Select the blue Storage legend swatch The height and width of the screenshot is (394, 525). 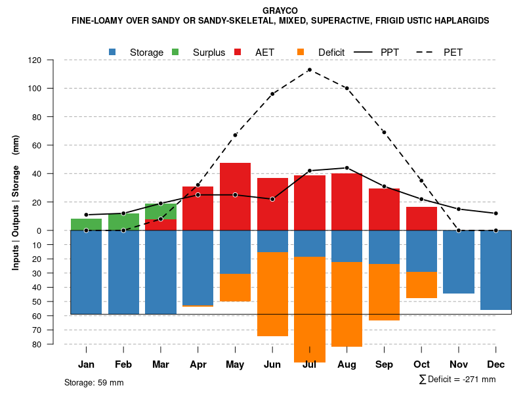click(x=113, y=52)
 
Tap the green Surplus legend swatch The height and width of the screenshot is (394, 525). click(x=176, y=52)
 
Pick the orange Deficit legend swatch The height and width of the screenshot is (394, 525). click(x=301, y=52)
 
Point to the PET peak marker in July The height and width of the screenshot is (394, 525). click(x=309, y=70)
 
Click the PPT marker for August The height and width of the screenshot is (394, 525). click(x=346, y=168)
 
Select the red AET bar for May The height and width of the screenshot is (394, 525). click(x=235, y=196)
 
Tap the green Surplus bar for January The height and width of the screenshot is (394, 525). click(x=86, y=225)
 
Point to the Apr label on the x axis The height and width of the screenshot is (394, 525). click(x=198, y=364)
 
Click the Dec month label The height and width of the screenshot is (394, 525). click(x=496, y=364)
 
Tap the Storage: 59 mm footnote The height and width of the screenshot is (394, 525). click(x=94, y=382)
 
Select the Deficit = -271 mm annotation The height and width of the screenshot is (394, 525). click(x=457, y=380)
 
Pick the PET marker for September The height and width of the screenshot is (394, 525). click(x=384, y=132)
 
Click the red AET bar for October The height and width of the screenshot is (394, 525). click(x=421, y=219)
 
